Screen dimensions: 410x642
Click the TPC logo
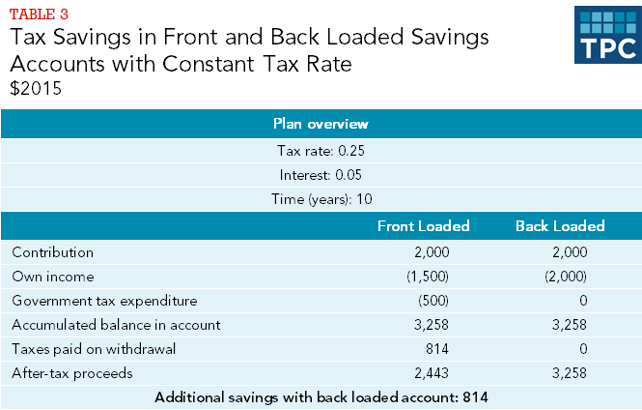pos(606,35)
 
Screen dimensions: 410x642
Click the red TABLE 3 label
pos(38,14)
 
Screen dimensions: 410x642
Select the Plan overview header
pos(321,125)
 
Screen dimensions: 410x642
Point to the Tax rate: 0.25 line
pos(321,151)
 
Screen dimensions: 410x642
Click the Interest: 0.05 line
pos(321,175)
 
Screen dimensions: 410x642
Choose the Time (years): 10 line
pos(321,199)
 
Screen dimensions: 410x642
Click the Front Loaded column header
pos(423,226)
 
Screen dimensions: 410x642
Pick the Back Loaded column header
pos(559,226)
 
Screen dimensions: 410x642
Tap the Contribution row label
pos(53,252)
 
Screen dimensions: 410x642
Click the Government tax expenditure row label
pos(104,301)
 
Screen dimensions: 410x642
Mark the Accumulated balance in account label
pos(116,325)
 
